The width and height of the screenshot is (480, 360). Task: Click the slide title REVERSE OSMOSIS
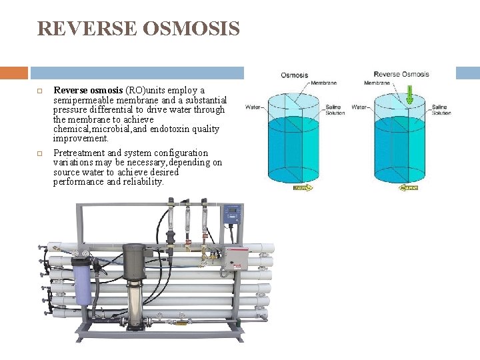point(138,29)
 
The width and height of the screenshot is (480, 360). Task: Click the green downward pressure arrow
point(409,93)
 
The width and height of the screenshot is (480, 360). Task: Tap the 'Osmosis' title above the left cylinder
point(294,75)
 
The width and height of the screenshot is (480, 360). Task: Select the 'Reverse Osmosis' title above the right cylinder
point(401,75)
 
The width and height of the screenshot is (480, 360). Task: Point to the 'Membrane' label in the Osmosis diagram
point(323,83)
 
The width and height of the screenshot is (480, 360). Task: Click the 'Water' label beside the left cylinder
point(253,107)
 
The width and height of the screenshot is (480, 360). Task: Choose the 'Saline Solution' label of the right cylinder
point(441,110)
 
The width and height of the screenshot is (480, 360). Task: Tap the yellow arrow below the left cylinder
point(303,188)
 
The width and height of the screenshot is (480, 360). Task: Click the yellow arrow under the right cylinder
point(409,188)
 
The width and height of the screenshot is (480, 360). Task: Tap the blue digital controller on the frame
point(232,214)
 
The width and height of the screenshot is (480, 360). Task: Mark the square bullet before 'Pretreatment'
point(40,153)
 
